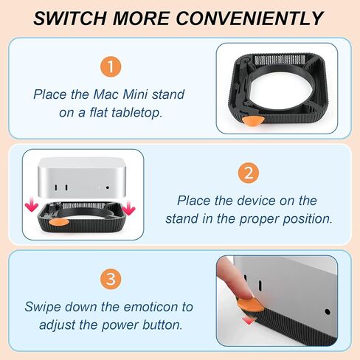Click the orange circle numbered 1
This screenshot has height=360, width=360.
(x=111, y=66)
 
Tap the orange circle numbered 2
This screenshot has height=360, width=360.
(x=249, y=173)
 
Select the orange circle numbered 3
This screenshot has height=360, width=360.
(x=111, y=279)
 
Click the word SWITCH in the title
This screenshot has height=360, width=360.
(x=70, y=18)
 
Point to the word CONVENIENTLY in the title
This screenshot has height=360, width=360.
(x=249, y=18)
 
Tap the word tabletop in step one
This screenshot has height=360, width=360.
(x=136, y=112)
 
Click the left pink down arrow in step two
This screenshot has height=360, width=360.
(x=32, y=206)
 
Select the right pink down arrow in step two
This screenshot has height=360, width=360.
(x=128, y=208)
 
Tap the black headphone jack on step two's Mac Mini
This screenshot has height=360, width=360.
(x=108, y=187)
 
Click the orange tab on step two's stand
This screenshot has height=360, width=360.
(x=59, y=222)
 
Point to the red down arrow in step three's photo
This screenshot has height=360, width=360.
(x=249, y=320)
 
